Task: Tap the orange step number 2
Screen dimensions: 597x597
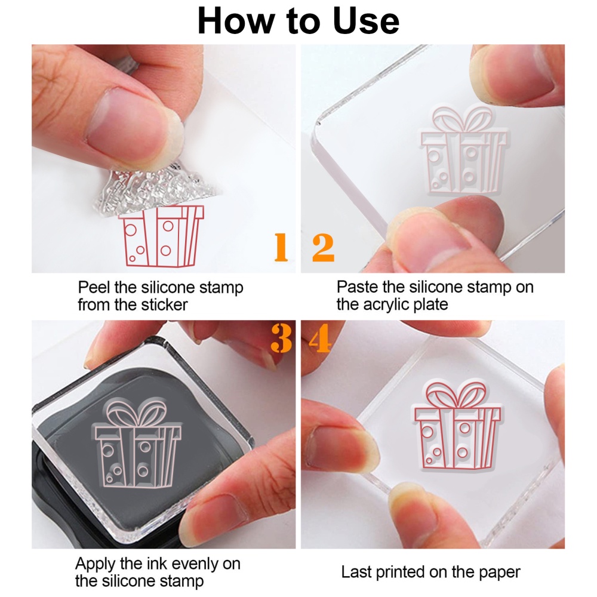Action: pyautogui.click(x=323, y=248)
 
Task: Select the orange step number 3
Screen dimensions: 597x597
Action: pyautogui.click(x=281, y=338)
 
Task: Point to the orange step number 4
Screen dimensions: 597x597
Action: pyautogui.click(x=319, y=338)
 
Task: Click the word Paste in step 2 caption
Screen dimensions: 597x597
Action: pyautogui.click(x=356, y=287)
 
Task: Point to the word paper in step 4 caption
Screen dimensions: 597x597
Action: pyautogui.click(x=498, y=572)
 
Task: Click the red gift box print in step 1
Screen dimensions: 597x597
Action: pyautogui.click(x=161, y=236)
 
